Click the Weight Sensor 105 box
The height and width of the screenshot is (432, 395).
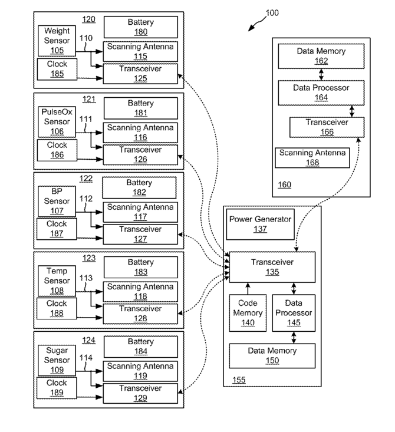click(57, 41)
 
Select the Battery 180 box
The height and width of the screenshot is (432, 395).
click(140, 27)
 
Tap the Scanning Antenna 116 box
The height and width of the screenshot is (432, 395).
click(140, 133)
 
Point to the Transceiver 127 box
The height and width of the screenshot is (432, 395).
click(140, 234)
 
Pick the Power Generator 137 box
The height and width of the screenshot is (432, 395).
click(260, 224)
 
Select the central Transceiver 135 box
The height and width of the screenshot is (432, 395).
click(272, 267)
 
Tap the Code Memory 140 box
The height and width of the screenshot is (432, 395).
click(248, 313)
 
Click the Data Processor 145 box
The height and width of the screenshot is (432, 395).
click(294, 313)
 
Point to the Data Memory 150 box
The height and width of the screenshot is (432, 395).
click(272, 355)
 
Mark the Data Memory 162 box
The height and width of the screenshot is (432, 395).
click(321, 56)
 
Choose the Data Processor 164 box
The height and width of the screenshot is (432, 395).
click(321, 93)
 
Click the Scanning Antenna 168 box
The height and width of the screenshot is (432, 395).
click(312, 157)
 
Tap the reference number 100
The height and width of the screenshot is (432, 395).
click(272, 13)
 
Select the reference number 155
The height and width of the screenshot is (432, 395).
click(239, 380)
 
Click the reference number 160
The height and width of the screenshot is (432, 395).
click(284, 184)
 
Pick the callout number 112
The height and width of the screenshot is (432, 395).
click(86, 198)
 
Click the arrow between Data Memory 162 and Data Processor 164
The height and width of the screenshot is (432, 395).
click(321, 74)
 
